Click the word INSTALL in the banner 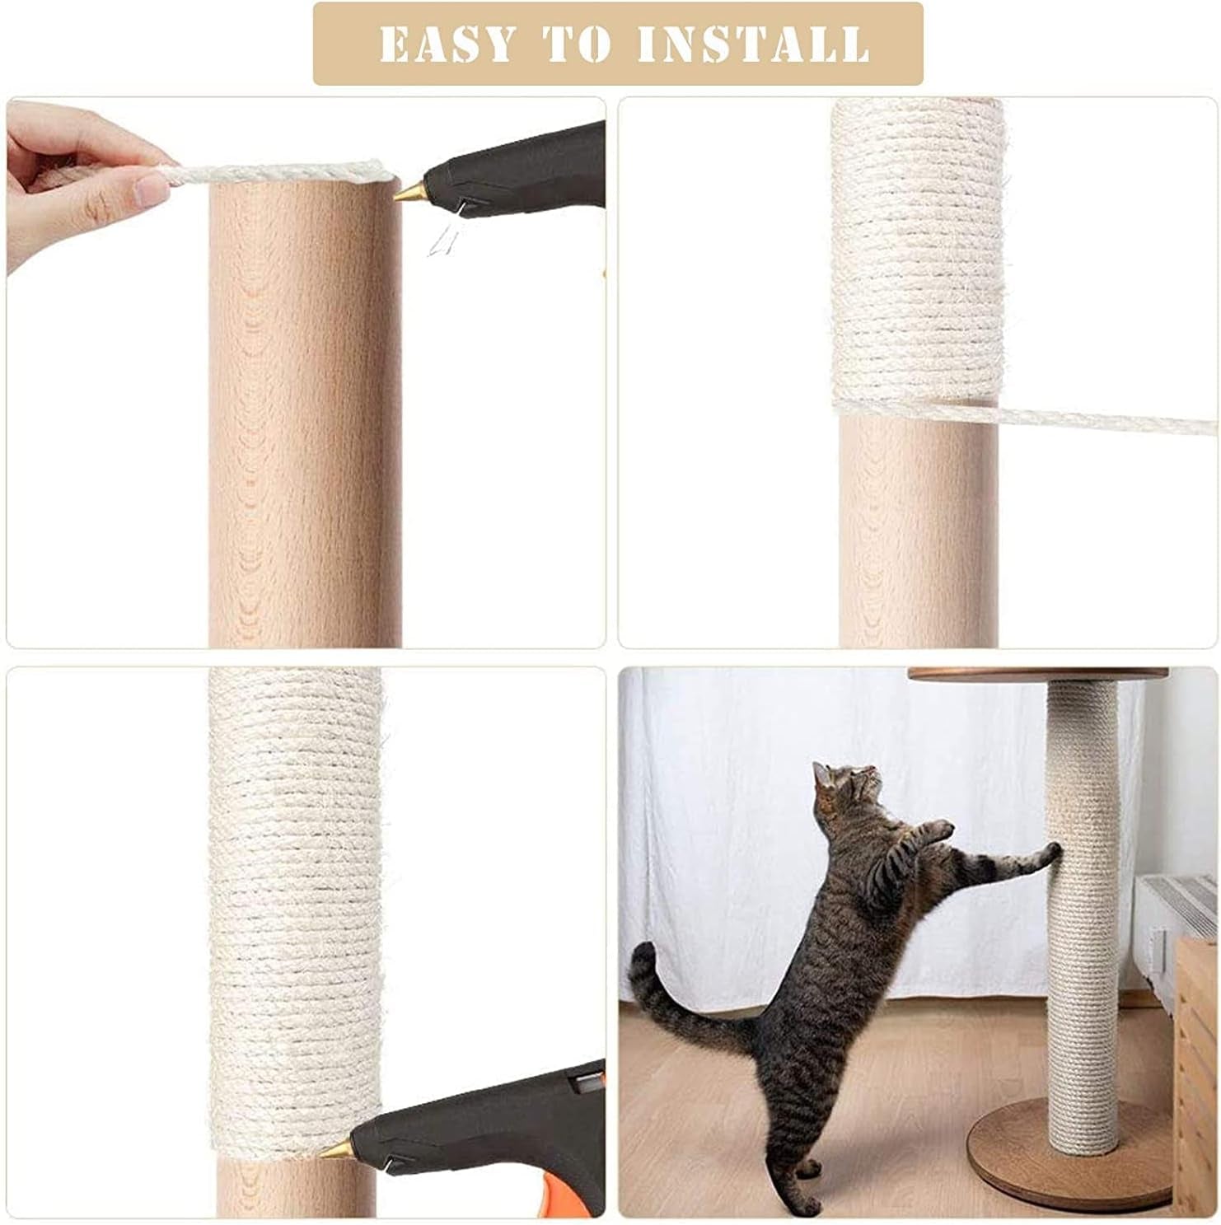pos(753,44)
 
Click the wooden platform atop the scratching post pos(1037,674)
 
